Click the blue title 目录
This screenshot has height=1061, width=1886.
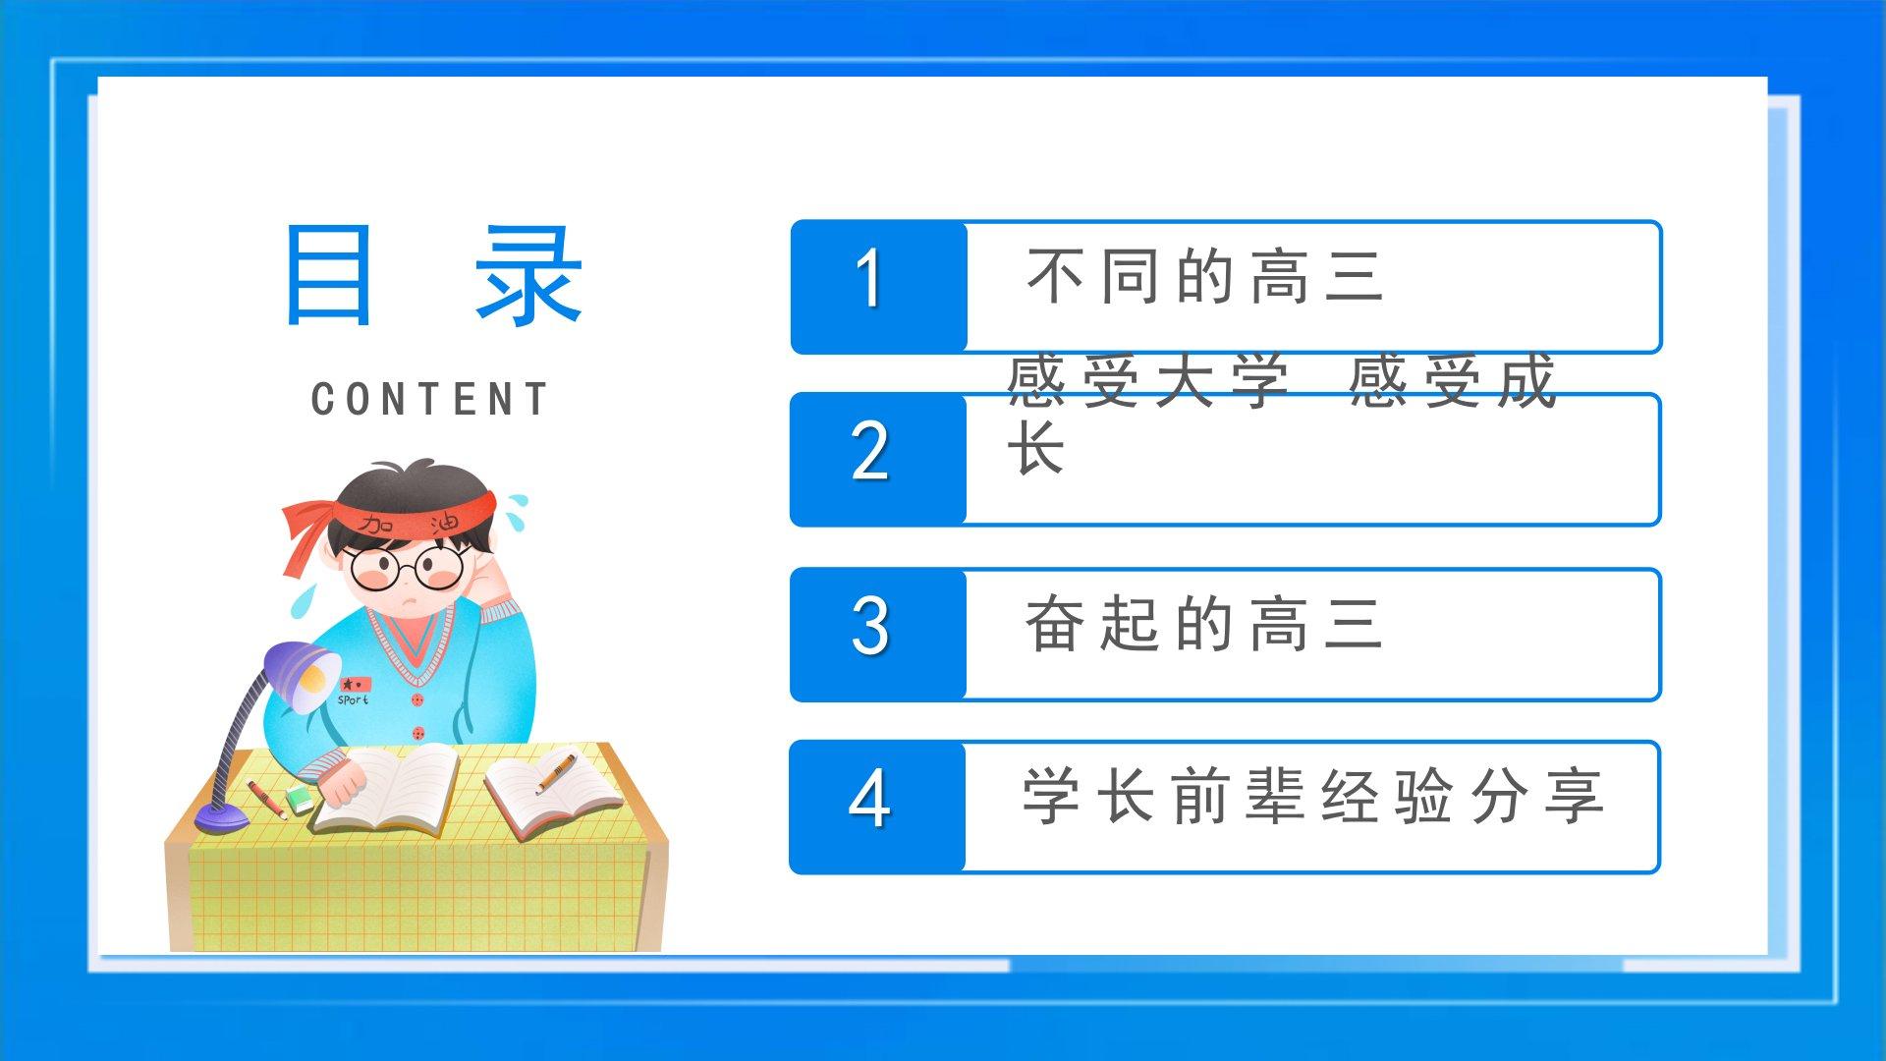click(x=433, y=275)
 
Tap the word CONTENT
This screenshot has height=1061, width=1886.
click(x=429, y=400)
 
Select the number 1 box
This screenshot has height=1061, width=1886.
click(x=878, y=287)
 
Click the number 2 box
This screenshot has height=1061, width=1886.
click(x=878, y=460)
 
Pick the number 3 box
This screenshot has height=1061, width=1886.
click(x=878, y=635)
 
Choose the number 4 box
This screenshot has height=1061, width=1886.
click(x=878, y=808)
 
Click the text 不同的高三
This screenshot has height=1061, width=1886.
click(x=1205, y=276)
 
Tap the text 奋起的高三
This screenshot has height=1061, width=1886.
click(x=1204, y=624)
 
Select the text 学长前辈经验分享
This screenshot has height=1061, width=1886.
click(x=1313, y=796)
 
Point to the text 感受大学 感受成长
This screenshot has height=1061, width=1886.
click(x=1281, y=414)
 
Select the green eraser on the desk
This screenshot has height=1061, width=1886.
click(x=300, y=800)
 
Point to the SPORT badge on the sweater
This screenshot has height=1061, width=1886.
click(x=354, y=691)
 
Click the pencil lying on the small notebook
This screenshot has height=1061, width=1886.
click(x=556, y=772)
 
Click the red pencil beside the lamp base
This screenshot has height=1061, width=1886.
click(x=266, y=799)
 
